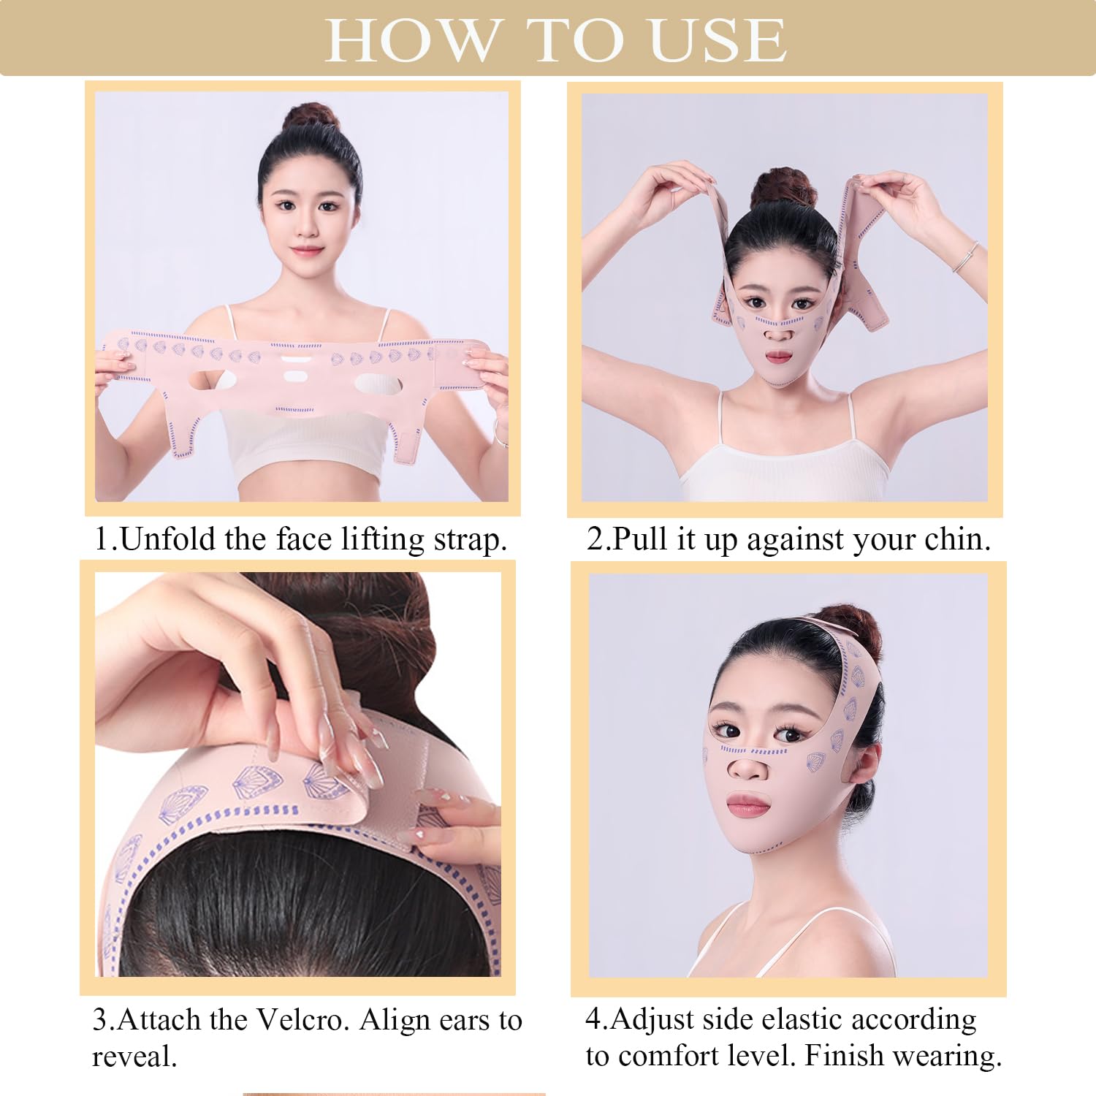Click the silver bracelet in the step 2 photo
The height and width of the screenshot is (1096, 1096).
pyautogui.click(x=966, y=257)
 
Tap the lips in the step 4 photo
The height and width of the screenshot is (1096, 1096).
pyautogui.click(x=748, y=807)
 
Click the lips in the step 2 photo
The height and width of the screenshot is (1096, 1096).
pyautogui.click(x=778, y=357)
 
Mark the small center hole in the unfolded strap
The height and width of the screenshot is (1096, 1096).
pyautogui.click(x=294, y=377)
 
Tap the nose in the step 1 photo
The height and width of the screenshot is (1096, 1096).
pyautogui.click(x=307, y=227)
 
